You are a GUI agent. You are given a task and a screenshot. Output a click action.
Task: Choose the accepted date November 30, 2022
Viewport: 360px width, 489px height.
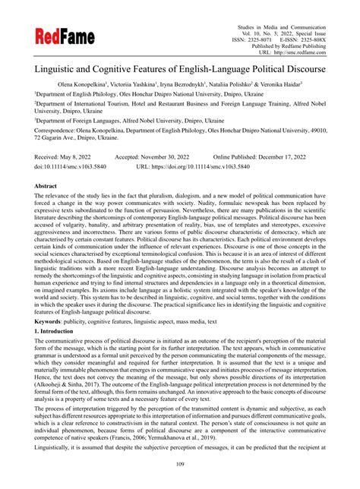click(x=175, y=155)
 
